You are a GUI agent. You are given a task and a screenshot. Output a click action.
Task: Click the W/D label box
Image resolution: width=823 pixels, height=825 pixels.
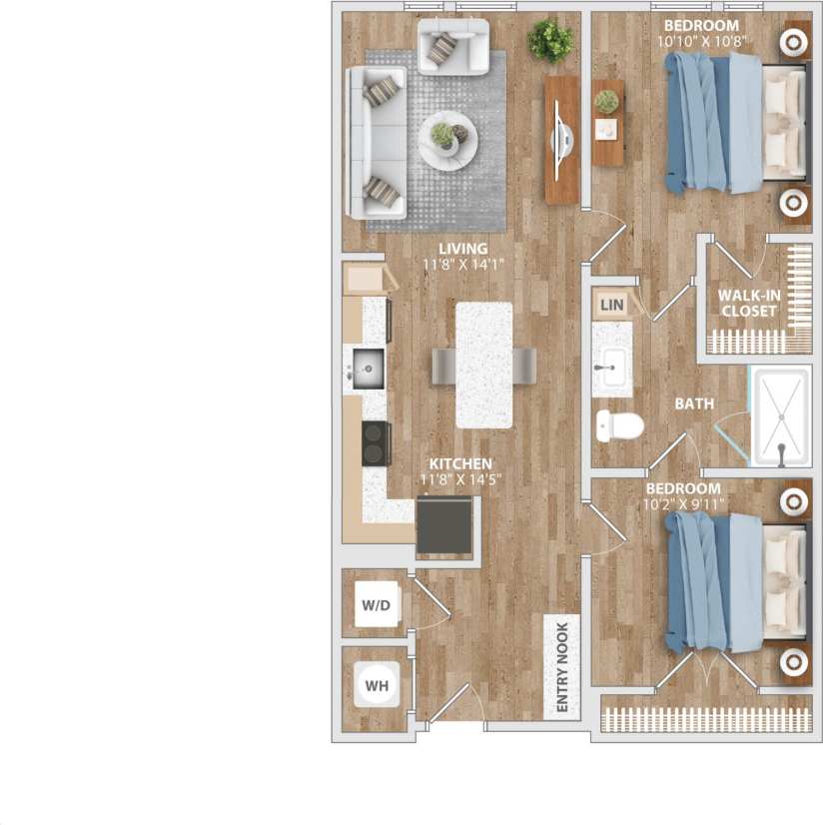coord(376,605)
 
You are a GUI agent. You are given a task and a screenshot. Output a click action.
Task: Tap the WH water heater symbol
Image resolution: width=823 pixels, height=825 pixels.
coord(377,686)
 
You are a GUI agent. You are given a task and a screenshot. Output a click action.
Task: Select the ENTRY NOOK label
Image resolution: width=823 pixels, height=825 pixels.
coord(560,668)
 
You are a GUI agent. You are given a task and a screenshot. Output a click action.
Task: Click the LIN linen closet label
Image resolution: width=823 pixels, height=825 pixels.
coord(612,304)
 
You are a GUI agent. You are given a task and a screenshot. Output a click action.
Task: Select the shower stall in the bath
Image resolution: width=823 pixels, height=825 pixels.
coord(781,416)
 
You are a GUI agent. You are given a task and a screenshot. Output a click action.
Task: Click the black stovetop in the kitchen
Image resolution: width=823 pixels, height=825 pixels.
coord(376,443)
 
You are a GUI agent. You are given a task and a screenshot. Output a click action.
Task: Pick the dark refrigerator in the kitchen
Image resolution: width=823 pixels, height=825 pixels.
coord(444,525)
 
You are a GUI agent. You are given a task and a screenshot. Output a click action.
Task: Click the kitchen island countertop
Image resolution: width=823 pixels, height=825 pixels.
coord(483,365)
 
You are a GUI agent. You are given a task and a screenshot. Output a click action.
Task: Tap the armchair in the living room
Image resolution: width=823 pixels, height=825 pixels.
coord(452,46)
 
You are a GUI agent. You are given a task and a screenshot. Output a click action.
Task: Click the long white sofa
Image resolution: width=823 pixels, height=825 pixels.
coord(376,142)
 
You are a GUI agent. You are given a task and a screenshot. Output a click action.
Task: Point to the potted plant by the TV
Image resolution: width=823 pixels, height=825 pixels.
coord(550,41)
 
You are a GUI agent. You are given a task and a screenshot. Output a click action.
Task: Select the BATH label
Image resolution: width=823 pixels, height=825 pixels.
coord(694,405)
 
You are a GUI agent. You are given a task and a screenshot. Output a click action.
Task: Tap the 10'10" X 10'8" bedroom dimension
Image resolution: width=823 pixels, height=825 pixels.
coord(703,42)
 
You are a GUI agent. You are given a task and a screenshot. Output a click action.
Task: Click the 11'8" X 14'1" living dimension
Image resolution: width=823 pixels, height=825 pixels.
coord(461,265)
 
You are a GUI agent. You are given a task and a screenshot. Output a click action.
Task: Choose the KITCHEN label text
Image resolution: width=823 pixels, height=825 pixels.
coord(460,463)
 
